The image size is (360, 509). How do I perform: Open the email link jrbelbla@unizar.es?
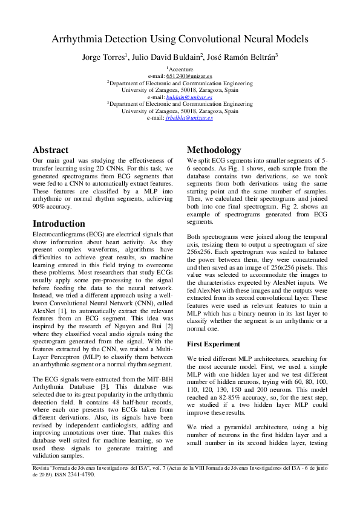(189, 118)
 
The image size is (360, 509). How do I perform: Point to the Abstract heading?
(50, 150)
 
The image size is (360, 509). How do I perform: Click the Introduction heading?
(59, 223)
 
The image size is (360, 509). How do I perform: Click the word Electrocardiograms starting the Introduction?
(61, 234)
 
